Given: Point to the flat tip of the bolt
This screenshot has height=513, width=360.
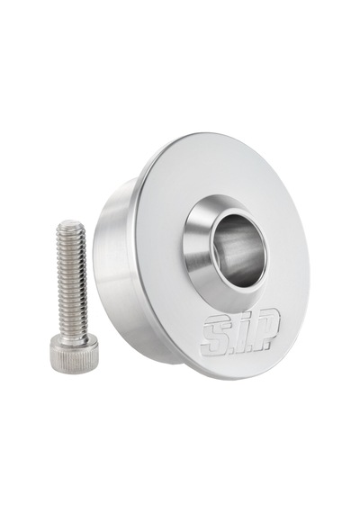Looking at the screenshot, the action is [x=71, y=223].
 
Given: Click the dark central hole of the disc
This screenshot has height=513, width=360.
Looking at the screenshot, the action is [x=237, y=251].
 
